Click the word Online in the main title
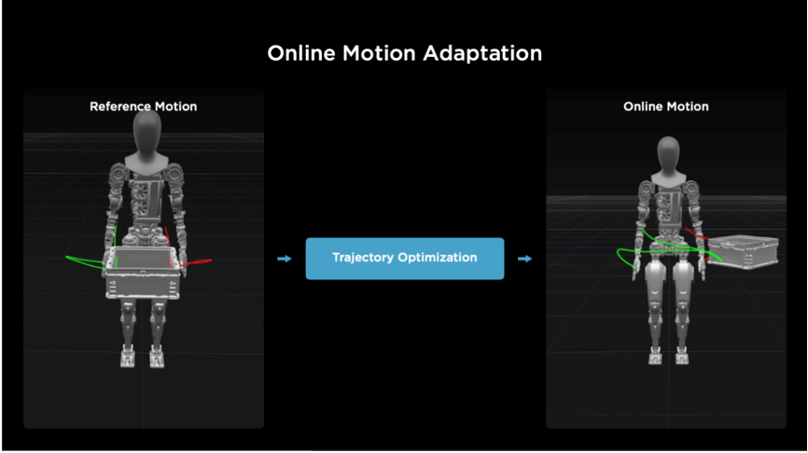pyautogui.click(x=301, y=53)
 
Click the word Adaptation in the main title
pyautogui.click(x=482, y=53)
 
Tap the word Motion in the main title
pyautogui.click(x=379, y=53)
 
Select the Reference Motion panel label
pyautogui.click(x=144, y=106)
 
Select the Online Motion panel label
pyautogui.click(x=666, y=106)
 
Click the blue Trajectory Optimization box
pyautogui.click(x=405, y=259)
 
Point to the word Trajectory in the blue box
pyautogui.click(x=363, y=258)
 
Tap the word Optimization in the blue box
pyautogui.click(x=438, y=258)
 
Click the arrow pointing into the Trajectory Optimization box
pyautogui.click(x=285, y=259)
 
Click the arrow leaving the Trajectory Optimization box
pyautogui.click(x=524, y=259)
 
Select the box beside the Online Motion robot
pyautogui.click(x=742, y=251)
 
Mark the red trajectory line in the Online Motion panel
pyautogui.click(x=697, y=234)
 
